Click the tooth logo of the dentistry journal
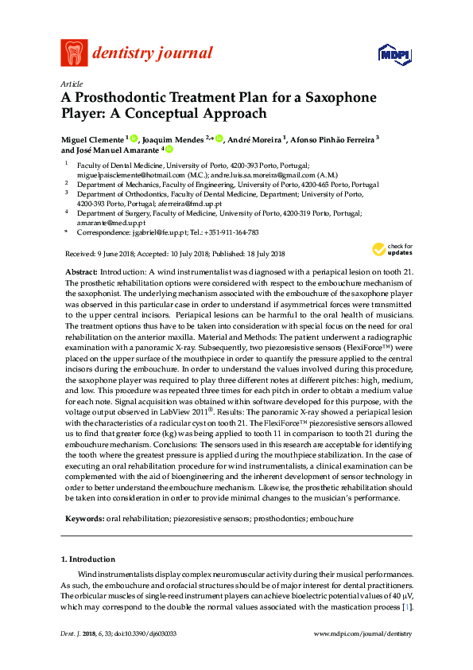click(x=74, y=53)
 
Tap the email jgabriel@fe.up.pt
click(x=161, y=233)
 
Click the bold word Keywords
click(x=83, y=518)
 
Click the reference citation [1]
click(x=406, y=606)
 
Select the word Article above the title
click(x=71, y=83)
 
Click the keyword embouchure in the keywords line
click(x=332, y=518)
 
